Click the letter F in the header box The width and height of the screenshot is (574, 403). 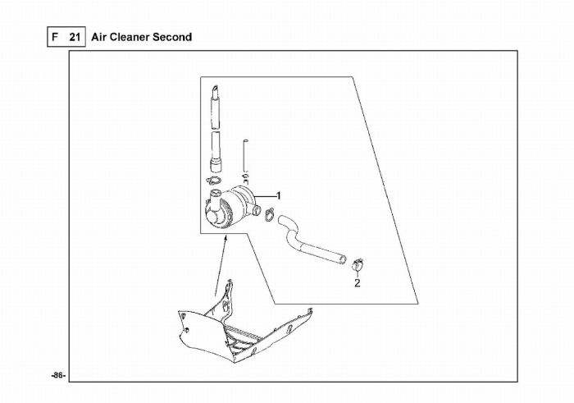point(56,37)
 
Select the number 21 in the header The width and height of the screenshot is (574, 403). point(75,37)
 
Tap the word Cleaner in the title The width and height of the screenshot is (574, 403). point(134,37)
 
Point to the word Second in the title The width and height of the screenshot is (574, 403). point(176,37)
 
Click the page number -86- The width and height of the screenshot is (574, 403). point(57,375)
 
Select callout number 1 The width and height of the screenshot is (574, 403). point(278,195)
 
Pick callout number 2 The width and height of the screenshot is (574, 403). point(357,283)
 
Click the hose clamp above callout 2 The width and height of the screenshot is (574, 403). point(357,264)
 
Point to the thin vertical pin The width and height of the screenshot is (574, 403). point(244,156)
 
